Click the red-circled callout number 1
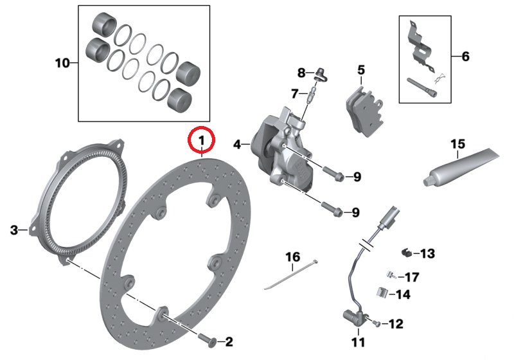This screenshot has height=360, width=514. (x=201, y=140)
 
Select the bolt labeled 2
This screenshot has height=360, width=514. (x=207, y=339)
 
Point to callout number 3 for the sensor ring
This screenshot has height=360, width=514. (x=13, y=230)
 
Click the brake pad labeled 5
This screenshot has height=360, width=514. (x=364, y=111)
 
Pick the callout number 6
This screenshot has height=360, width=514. (x=465, y=57)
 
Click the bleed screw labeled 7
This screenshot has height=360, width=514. (x=311, y=93)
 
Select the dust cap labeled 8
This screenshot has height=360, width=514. (x=321, y=74)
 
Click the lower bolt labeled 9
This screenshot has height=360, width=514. (x=332, y=210)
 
